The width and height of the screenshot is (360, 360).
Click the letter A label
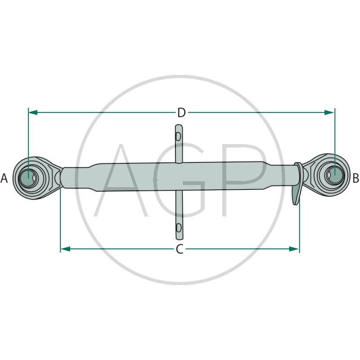click(x=4, y=179)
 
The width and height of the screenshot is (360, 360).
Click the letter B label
click(x=355, y=179)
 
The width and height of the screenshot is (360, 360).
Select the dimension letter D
click(x=181, y=112)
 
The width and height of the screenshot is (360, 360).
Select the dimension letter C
click(x=180, y=249)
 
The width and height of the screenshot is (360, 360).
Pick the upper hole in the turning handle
click(x=179, y=136)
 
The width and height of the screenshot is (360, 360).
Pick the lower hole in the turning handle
click(x=179, y=226)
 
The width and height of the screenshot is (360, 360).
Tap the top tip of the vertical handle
click(x=178, y=126)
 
